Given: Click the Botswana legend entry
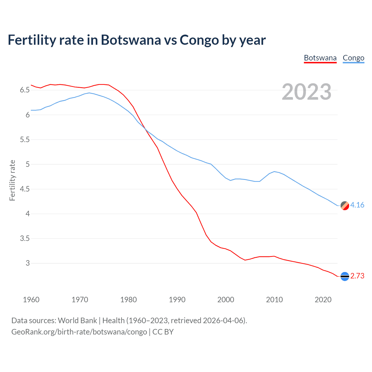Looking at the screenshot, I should (320, 58).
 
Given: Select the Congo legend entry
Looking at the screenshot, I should (353, 58).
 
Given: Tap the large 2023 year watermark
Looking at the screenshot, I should (307, 92).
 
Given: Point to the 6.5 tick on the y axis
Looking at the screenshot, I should (25, 90).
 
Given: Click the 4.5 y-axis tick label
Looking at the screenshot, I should (25, 189).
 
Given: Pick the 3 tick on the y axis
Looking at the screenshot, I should (28, 263).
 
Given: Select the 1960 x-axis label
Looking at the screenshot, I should (31, 300).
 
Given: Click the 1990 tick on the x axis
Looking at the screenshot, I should (177, 300).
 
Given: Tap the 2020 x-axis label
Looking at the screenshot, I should (323, 300).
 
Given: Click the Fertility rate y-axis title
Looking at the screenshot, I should (12, 180).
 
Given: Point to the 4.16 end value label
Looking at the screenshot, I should (357, 205).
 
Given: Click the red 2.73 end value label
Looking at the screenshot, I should (357, 276).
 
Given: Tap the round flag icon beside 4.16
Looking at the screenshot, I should (345, 205).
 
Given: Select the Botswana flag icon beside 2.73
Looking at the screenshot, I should (345, 276).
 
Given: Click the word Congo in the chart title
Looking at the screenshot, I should (199, 40).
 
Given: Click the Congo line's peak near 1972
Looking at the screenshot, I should (89, 93).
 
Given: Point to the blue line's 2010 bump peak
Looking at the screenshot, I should (274, 171).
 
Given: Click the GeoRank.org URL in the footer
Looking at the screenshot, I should (79, 332).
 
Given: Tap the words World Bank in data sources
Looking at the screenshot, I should (77, 321).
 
